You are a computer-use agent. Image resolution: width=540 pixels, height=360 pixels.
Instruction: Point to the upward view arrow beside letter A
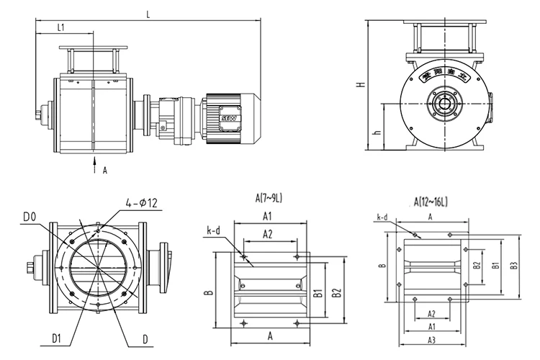94,166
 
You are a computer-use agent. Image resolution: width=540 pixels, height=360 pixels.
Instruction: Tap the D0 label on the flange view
30,215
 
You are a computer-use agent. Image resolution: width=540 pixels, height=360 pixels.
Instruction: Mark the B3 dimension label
513,266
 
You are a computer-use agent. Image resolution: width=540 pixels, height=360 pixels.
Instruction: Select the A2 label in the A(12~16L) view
431,314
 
